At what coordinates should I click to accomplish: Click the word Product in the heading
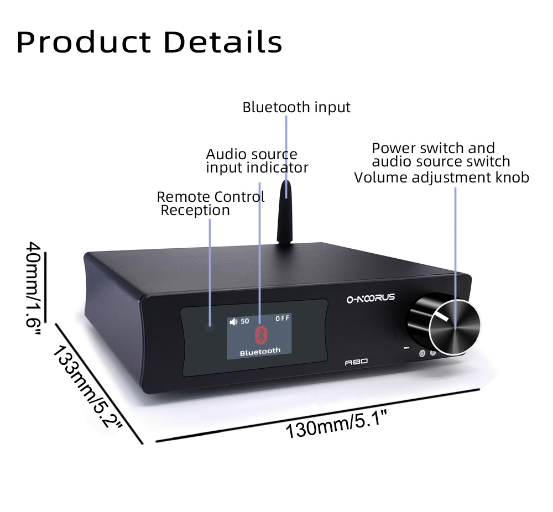(84, 42)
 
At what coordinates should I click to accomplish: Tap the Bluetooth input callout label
(296, 107)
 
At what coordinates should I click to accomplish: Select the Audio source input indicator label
(257, 161)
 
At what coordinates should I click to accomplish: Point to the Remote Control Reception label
(210, 203)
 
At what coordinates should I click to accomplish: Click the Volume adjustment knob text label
(441, 177)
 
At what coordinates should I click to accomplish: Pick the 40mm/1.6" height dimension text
(33, 284)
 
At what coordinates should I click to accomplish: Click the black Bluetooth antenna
(286, 213)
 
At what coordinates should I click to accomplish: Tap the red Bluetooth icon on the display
(260, 334)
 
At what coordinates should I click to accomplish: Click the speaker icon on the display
(233, 321)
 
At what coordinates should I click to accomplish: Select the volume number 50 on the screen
(245, 321)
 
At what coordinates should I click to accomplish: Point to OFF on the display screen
(283, 318)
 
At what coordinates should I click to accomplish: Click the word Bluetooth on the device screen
(260, 351)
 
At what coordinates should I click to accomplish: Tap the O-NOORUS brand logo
(371, 298)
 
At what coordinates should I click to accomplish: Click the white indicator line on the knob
(442, 317)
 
